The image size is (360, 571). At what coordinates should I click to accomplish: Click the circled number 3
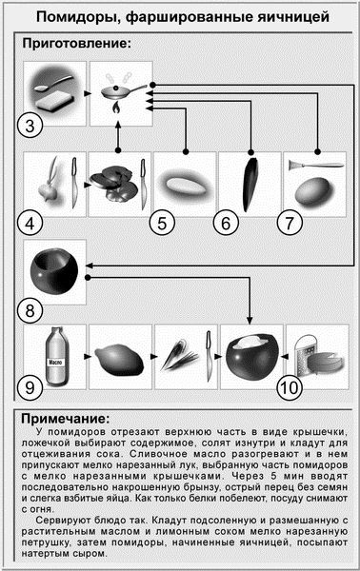point(33,126)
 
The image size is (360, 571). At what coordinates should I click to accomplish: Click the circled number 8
point(33,310)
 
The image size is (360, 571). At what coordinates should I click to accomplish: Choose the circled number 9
point(33,386)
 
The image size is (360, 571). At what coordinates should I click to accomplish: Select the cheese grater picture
point(312,357)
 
